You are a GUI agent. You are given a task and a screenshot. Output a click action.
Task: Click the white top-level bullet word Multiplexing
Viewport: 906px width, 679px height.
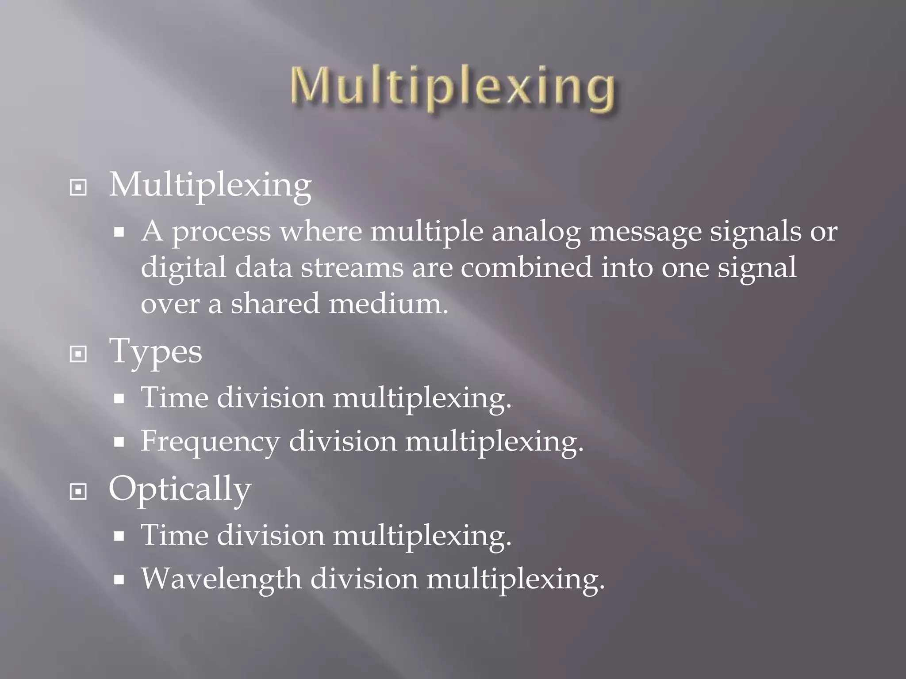210,185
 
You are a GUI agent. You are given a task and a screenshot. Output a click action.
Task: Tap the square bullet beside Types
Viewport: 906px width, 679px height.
78,354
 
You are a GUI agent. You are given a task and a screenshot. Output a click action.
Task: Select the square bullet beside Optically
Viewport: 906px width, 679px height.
78,491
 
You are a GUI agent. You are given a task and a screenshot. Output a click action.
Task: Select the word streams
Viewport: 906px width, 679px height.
352,268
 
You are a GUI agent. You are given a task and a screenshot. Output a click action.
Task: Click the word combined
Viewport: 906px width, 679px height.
526,268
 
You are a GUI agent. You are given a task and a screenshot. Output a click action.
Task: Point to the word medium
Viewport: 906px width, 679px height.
388,304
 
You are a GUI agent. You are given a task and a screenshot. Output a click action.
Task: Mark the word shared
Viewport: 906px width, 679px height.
275,304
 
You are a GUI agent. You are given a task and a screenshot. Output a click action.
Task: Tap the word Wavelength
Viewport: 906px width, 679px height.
221,579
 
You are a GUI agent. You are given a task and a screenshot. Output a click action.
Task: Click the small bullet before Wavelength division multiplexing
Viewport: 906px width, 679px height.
119,580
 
